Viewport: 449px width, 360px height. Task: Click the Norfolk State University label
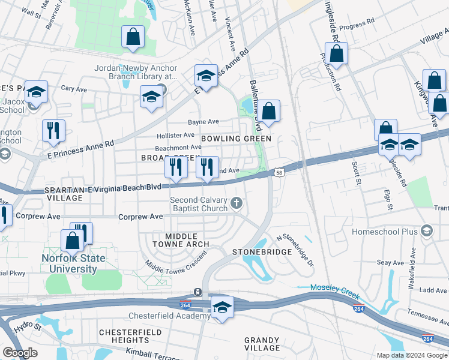point(73,264)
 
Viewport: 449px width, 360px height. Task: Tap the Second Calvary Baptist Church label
point(199,204)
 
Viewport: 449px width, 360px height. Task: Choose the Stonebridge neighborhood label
point(262,252)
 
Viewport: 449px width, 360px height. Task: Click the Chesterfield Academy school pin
point(222,308)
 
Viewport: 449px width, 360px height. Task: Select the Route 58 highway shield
point(280,173)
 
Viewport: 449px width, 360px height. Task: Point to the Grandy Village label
point(262,344)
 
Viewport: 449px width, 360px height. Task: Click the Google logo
point(20,353)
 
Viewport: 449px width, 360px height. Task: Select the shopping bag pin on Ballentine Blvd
point(270,111)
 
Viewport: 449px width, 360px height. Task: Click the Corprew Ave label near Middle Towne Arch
point(140,217)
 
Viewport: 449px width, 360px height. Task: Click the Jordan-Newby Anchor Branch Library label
point(136,72)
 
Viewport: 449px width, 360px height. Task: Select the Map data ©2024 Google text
point(411,355)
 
